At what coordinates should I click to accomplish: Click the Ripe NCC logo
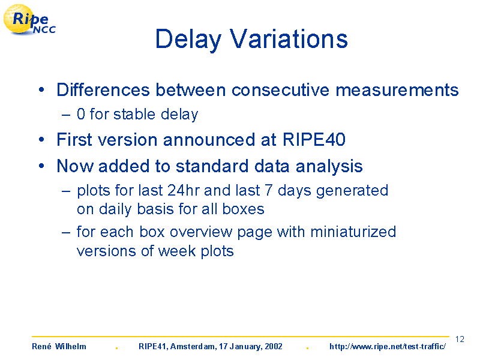29,20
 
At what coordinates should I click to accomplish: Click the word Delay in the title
188,40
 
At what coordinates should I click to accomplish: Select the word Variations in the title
289,38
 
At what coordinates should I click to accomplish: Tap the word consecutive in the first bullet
280,90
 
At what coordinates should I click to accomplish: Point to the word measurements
397,90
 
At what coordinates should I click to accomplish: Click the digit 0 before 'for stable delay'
81,114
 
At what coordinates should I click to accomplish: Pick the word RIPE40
314,140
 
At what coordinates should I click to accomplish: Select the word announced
209,140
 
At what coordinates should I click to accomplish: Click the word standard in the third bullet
212,166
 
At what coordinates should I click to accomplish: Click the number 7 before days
268,190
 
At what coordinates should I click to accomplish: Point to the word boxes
243,209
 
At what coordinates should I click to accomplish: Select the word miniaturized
353,232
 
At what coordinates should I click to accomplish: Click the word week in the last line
176,251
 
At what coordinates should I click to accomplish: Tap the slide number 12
460,339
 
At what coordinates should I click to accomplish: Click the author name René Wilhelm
59,346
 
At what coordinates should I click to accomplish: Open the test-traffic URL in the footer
388,347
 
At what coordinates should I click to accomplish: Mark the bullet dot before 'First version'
41,140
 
